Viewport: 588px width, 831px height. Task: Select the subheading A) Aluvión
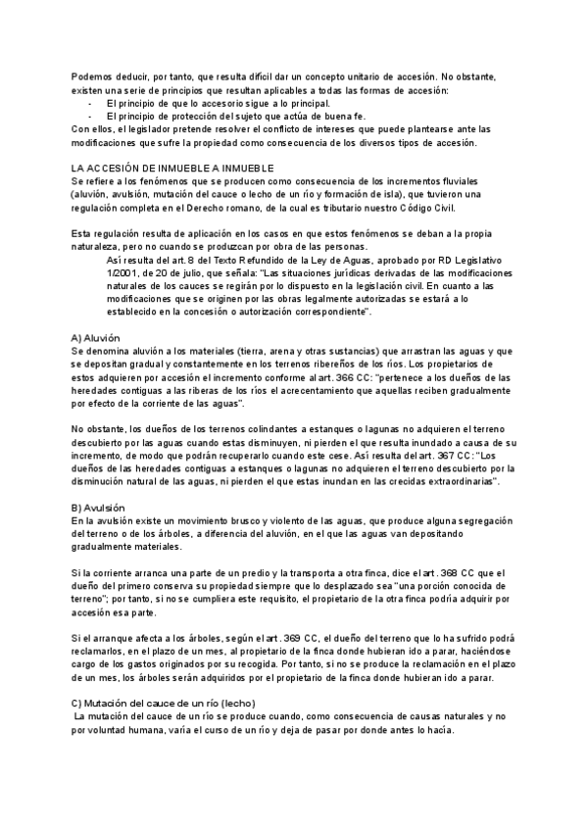pyautogui.click(x=96, y=337)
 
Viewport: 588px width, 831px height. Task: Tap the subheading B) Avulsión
pyautogui.click(x=98, y=507)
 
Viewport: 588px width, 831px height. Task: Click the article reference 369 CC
pyautogui.click(x=300, y=637)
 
